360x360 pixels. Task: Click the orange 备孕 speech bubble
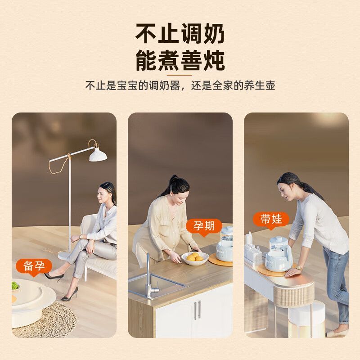tap(34, 267)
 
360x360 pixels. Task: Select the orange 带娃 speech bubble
tap(271, 220)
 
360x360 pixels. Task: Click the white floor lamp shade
tap(98, 154)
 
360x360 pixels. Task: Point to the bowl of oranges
tap(195, 258)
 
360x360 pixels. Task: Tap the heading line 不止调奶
tap(180, 34)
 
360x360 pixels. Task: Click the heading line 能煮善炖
tap(180, 60)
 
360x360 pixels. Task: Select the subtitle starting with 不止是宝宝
tap(180, 85)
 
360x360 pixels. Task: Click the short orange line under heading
tap(180, 75)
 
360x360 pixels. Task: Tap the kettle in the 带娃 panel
tap(279, 254)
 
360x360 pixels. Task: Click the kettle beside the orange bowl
tap(225, 244)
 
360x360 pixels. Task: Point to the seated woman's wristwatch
tap(81, 237)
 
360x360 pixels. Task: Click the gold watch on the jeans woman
tap(298, 267)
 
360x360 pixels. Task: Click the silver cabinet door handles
tap(197, 310)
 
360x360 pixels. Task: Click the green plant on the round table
tap(15, 286)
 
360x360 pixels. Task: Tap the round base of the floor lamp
tap(65, 256)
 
